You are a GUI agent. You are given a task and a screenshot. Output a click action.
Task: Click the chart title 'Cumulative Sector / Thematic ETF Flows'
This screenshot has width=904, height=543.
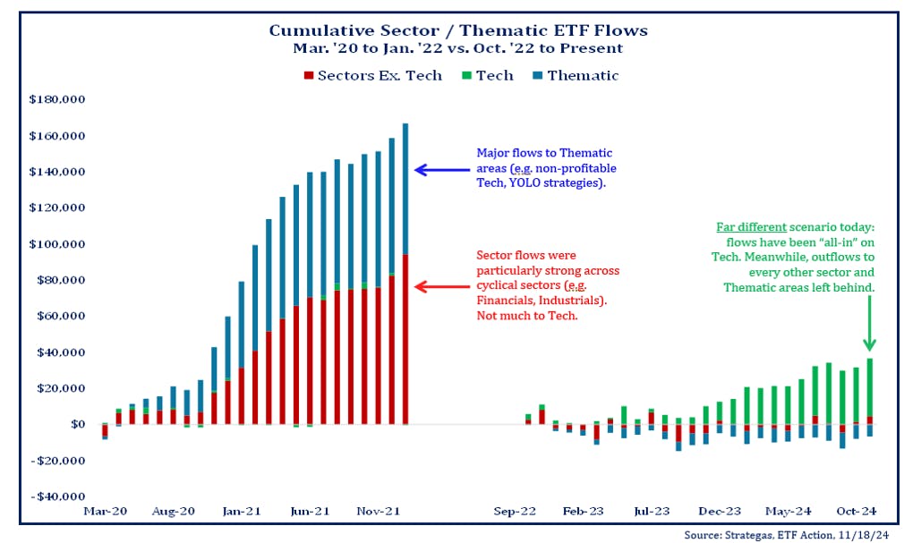[x=458, y=30]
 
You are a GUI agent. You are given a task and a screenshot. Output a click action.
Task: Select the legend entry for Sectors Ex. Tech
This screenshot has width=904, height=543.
[x=373, y=75]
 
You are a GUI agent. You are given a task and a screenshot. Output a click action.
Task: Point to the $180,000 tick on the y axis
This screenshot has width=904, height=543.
[x=56, y=99]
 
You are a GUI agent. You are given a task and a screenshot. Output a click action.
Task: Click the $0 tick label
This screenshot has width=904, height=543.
[x=74, y=424]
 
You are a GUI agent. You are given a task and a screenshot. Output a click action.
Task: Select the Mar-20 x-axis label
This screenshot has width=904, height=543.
[x=106, y=511]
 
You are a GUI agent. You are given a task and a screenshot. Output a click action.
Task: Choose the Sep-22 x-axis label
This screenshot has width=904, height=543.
[x=516, y=511]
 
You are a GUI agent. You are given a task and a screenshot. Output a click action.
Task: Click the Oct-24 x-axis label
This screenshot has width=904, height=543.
[x=857, y=511]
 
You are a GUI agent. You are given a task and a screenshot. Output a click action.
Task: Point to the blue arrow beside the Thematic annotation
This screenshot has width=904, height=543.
[x=442, y=169]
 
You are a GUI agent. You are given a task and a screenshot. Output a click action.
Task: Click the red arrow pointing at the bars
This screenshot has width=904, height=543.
[x=442, y=287]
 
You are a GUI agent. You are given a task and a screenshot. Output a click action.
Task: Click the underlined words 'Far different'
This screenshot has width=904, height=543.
[x=742, y=228]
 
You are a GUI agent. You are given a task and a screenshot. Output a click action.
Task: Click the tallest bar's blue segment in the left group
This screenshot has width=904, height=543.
[x=405, y=188]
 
